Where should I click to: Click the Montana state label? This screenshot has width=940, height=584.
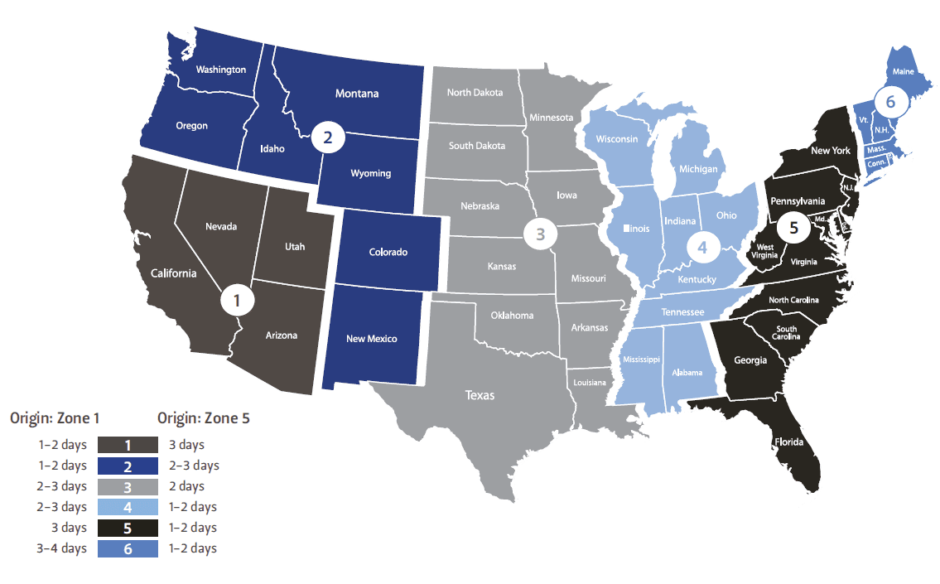357,94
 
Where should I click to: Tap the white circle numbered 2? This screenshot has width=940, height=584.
327,138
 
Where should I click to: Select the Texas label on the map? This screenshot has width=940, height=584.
480,395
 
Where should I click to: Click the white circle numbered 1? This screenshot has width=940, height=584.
237,301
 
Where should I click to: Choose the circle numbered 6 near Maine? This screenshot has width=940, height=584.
890,103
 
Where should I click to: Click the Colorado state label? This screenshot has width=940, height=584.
388,252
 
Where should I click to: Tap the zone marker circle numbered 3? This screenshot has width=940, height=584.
540,234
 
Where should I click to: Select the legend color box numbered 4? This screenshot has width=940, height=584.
128,507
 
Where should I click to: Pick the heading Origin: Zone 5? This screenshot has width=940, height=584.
204,418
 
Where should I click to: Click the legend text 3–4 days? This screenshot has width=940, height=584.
62,548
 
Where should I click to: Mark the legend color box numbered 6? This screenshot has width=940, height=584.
128,548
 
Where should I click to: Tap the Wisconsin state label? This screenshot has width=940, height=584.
617,138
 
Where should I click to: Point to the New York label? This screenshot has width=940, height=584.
831,151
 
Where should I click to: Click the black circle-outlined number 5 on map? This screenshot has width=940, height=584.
793,229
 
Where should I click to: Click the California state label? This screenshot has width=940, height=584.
173,273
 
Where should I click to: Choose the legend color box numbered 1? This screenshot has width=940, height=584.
128,446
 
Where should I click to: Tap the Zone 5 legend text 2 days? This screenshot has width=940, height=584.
186,486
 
